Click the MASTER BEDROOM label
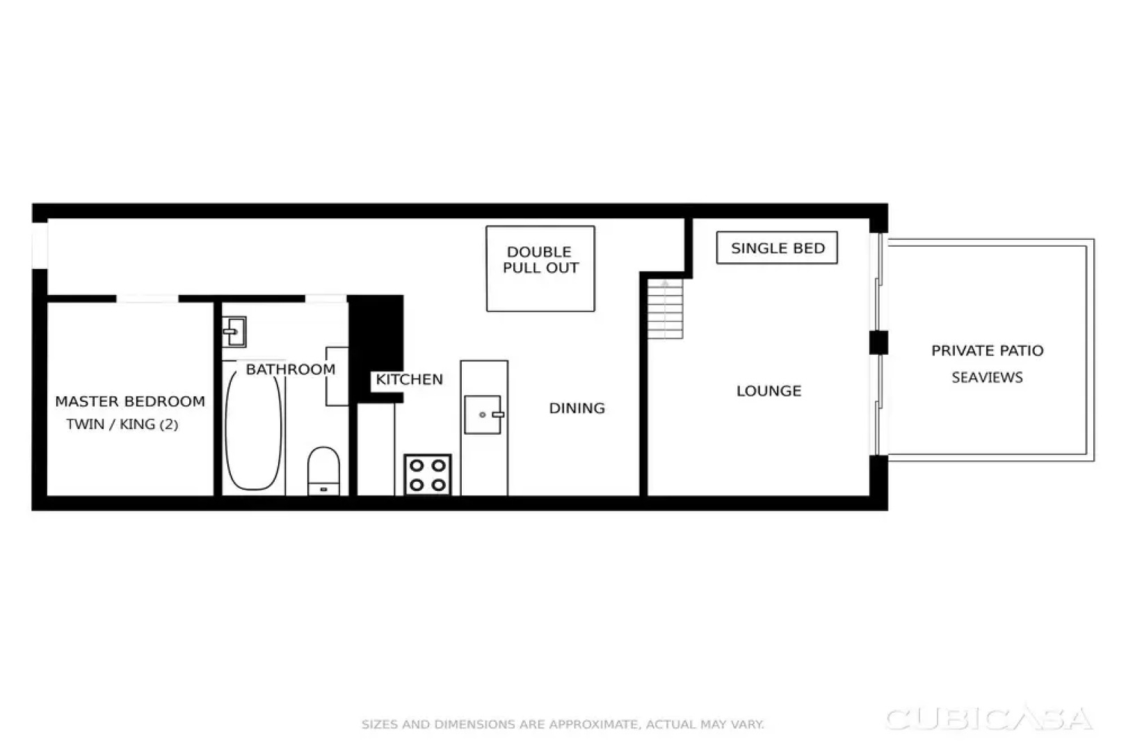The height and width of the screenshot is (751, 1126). tap(130, 401)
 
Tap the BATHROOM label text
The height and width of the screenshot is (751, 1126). tap(291, 369)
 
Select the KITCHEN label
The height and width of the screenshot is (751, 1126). tap(409, 379)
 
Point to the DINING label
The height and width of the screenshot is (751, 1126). tap(577, 408)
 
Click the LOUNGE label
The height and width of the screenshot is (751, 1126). tap(769, 391)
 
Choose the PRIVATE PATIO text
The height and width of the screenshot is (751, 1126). tap(987, 350)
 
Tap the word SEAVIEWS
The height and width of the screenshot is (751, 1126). tap(987, 378)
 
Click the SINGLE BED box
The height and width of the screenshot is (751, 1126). tap(777, 248)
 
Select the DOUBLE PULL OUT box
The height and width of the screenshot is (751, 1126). tap(540, 268)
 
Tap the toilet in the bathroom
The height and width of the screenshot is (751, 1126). tap(323, 470)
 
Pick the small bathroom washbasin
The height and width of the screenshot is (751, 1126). tap(234, 332)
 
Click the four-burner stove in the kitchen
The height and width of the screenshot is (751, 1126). tap(428, 475)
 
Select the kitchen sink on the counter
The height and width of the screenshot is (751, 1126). tap(483, 414)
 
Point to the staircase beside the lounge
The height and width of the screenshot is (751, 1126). tap(666, 309)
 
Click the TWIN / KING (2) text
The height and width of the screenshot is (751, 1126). tap(122, 424)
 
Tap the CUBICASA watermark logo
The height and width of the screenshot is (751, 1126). tap(988, 719)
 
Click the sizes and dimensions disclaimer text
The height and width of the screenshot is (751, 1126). tap(563, 725)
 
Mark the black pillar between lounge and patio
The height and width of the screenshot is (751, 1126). tap(878, 343)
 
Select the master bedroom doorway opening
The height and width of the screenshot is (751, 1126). tap(147, 299)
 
